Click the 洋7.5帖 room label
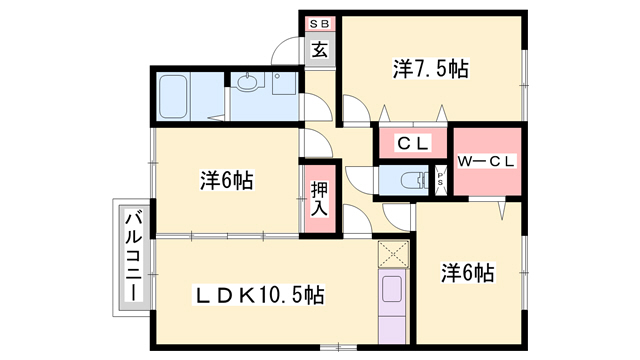431,69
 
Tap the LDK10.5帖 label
259,295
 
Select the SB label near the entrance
319,24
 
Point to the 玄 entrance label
320,50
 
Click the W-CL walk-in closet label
487,162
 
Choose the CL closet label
413,144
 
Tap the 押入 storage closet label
319,200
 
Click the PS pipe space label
440,180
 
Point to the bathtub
173,97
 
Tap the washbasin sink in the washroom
247,82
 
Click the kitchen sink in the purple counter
392,289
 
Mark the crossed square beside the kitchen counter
393,254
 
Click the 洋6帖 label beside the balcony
227,180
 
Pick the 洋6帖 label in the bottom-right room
467,273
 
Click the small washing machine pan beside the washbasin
283,84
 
